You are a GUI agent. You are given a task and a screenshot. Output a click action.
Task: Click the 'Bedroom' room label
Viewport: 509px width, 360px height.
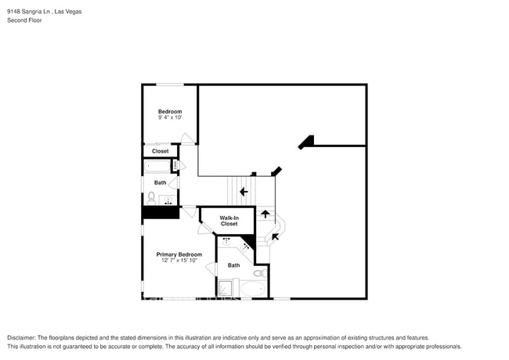pos(170,112)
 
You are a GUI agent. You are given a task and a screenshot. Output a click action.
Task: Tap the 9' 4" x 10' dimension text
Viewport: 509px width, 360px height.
pos(170,118)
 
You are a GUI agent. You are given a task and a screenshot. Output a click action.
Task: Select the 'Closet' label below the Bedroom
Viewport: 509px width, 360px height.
pos(160,151)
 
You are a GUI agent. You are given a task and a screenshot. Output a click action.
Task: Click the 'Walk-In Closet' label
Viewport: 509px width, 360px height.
pos(229,221)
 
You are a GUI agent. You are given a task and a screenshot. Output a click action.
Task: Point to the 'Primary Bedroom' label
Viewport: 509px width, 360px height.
pos(179,254)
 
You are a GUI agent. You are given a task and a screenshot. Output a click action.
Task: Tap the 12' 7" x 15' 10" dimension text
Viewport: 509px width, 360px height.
pos(179,261)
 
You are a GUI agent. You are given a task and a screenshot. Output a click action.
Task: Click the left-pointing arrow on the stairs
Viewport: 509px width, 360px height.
pos(244,191)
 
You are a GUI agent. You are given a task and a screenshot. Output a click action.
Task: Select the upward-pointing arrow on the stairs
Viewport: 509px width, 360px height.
pos(265,213)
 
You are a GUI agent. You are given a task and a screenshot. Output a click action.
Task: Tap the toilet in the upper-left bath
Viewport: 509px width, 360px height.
pos(151,196)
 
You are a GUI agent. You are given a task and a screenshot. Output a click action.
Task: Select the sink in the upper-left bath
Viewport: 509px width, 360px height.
pos(168,201)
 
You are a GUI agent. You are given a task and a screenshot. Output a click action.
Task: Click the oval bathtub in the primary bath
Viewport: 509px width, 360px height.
pos(252,289)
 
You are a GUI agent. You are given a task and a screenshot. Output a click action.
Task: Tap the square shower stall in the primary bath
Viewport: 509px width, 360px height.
pos(226,289)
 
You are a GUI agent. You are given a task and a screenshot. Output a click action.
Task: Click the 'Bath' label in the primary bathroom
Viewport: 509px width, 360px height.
pos(233,265)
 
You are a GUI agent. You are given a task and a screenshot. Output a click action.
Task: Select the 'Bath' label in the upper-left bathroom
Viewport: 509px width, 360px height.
pos(160,182)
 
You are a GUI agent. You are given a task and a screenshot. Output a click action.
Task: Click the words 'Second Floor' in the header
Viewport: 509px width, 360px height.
pos(24,20)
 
